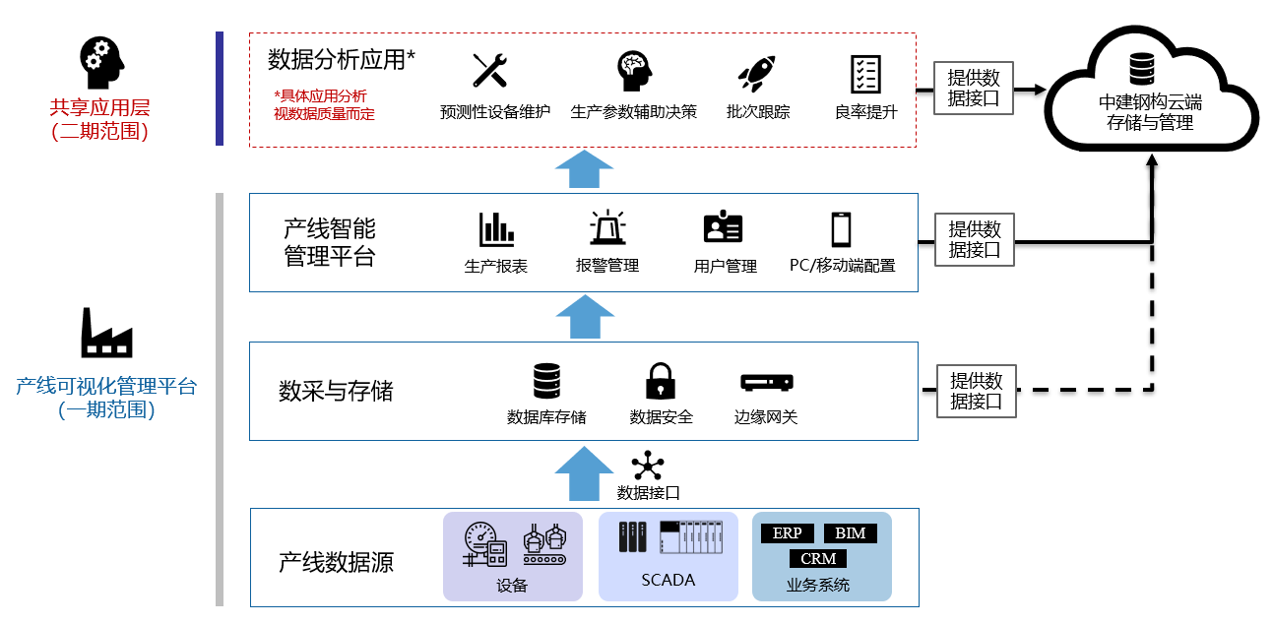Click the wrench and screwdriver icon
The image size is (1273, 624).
click(x=489, y=71)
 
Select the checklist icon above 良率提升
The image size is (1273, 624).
click(x=865, y=73)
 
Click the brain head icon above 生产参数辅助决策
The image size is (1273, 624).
click(x=634, y=71)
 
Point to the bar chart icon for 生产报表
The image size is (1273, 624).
click(x=496, y=230)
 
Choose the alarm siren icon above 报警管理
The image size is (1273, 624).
click(x=607, y=228)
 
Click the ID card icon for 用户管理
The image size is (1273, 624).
click(x=724, y=228)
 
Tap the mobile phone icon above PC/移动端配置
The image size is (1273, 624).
click(x=841, y=229)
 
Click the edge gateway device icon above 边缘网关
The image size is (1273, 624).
click(x=767, y=382)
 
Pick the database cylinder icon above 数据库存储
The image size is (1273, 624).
click(x=546, y=381)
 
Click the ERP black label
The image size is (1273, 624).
click(x=788, y=533)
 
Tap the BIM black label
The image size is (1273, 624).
click(x=850, y=533)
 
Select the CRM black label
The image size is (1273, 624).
click(x=818, y=558)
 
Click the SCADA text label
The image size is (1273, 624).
click(x=668, y=580)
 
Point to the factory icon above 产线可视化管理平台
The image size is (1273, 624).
click(x=106, y=332)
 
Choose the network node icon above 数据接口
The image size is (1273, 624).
click(x=648, y=466)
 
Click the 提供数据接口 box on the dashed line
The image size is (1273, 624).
click(x=976, y=391)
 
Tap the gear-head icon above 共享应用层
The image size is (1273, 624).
click(x=101, y=62)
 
